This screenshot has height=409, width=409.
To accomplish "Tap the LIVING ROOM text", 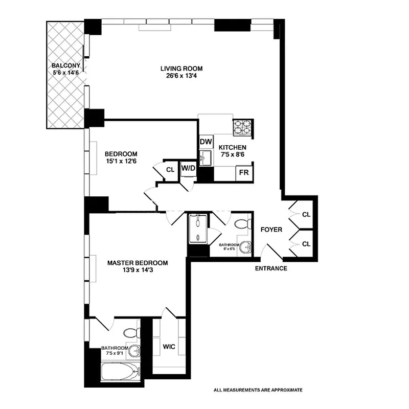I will pos(181,69).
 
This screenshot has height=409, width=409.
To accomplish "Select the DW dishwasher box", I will pos(206,142).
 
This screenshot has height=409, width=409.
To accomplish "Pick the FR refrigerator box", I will pos(244,172).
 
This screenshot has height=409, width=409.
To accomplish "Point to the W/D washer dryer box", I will pos(188,168).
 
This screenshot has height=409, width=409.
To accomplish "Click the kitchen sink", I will pos(206,157).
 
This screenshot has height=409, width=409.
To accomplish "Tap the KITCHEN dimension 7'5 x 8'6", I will pos(233,155).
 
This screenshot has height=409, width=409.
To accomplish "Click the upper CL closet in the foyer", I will pos(306,214).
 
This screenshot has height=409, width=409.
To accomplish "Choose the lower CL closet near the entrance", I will pos(306,244).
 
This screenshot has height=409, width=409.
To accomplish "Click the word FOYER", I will pos(271,230).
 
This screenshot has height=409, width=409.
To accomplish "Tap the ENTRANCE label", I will pos(271,268).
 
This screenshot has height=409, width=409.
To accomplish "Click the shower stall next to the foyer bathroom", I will pos(197,230).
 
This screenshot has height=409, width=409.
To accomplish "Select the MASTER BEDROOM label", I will pos(137,263).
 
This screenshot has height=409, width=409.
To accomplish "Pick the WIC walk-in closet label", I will pos(169,347).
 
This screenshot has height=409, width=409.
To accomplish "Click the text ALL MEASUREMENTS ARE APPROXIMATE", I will pos(258,390).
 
